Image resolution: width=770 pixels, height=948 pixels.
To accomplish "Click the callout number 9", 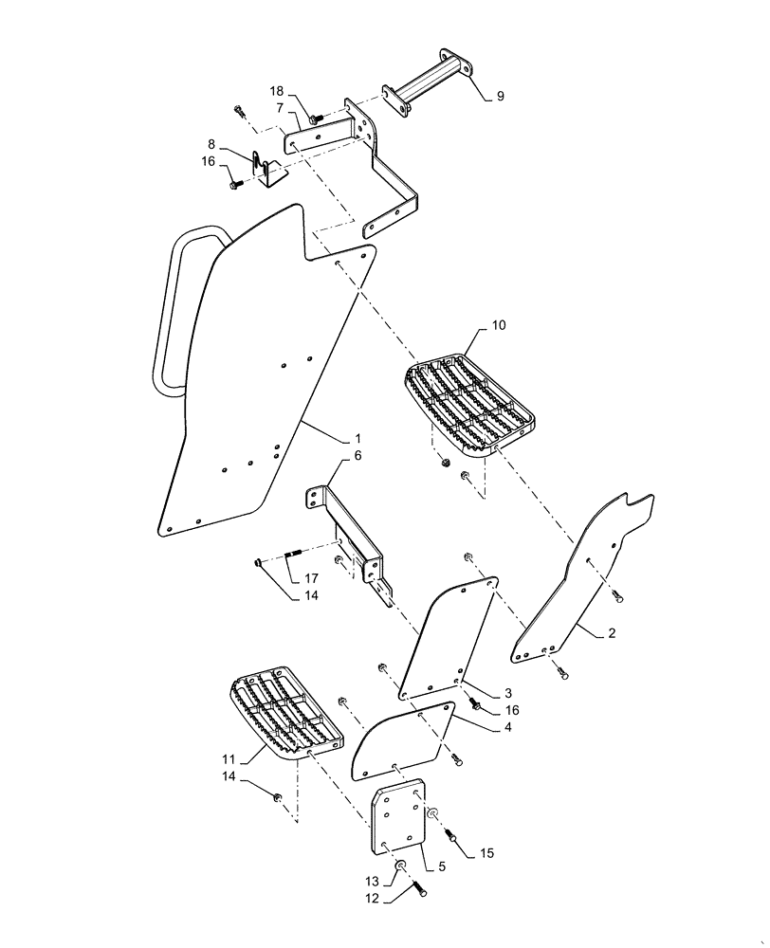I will pos(500,96).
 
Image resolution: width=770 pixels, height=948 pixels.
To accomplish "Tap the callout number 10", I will pos(499,325).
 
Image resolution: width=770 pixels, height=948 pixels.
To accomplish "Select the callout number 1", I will pos(357,439).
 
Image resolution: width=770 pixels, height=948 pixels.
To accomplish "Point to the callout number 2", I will pos(611,633).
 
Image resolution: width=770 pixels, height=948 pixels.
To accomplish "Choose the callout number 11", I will pos(228,758).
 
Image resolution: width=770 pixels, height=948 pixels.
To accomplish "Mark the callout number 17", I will pos(310,578).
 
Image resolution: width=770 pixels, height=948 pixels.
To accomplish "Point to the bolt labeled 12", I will pos(418,888).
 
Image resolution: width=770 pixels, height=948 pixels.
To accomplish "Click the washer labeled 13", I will pos(401,867).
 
